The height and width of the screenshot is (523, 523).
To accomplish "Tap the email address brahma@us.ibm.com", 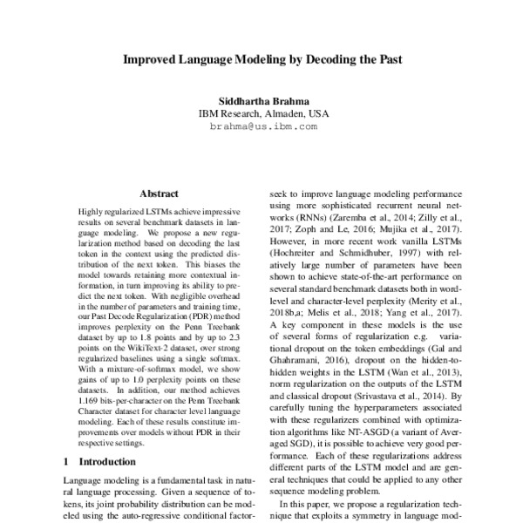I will click(x=261, y=126).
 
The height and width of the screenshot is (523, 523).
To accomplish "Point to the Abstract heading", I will click(x=159, y=194).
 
